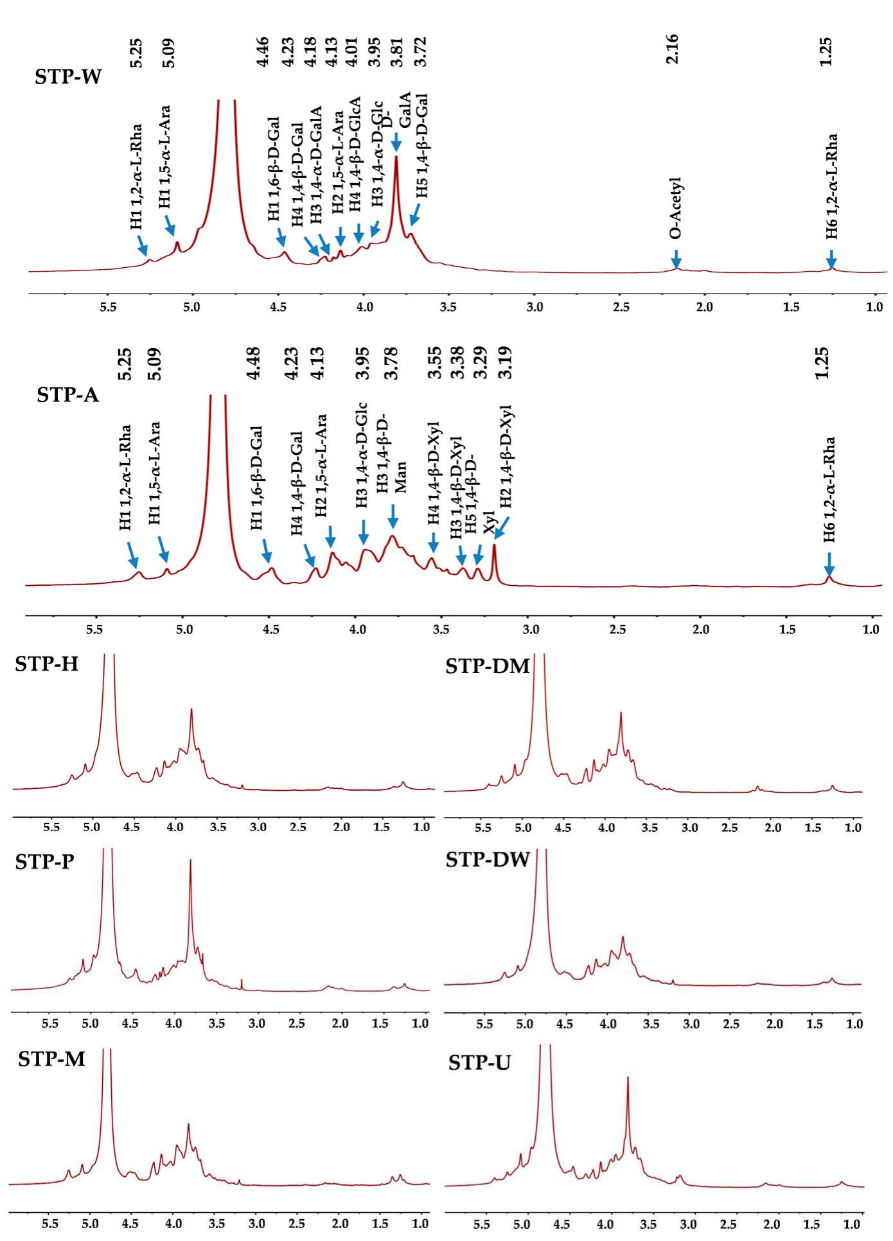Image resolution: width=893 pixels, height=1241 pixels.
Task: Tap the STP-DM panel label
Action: click(488, 667)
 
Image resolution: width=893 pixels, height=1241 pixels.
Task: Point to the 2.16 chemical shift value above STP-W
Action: click(672, 49)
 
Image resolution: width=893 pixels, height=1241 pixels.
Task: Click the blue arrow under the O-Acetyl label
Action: click(676, 259)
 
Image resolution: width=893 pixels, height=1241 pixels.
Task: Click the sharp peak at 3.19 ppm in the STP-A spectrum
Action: click(494, 547)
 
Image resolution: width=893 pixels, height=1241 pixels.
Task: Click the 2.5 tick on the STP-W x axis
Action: click(621, 307)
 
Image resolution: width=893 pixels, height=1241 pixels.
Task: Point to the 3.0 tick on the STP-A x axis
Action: click(531, 629)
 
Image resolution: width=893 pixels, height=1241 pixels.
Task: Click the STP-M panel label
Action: click(51, 1059)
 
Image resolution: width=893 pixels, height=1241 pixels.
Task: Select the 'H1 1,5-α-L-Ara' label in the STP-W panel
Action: click(165, 157)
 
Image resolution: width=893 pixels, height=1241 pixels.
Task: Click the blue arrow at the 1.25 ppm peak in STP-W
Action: click(831, 258)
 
